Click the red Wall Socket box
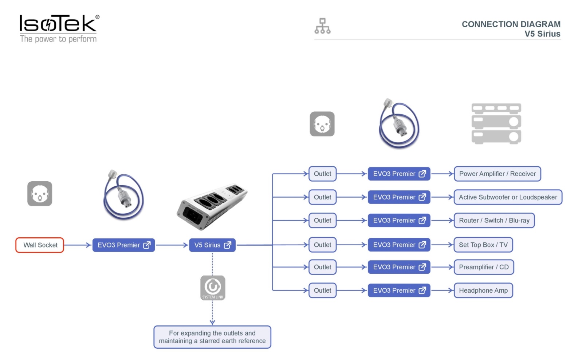coord(40,245)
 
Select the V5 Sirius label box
coord(212,245)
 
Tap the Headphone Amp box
coord(483,290)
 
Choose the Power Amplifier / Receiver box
coord(497,174)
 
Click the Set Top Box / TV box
coord(483,245)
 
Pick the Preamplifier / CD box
coord(484,267)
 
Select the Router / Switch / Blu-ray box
coord(494,221)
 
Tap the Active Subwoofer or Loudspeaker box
coord(508,197)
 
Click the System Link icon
coord(213,288)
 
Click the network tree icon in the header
coord(322,26)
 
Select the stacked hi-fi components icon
coord(496,124)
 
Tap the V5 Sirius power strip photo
coord(212,207)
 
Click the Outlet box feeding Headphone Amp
coord(322,290)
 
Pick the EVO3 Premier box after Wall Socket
coord(124,245)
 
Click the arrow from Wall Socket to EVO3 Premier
coord(77,245)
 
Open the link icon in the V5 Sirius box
coord(228,245)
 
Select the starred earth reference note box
coord(212,337)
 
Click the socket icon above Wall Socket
coord(40,194)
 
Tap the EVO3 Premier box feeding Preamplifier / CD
coord(399,267)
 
